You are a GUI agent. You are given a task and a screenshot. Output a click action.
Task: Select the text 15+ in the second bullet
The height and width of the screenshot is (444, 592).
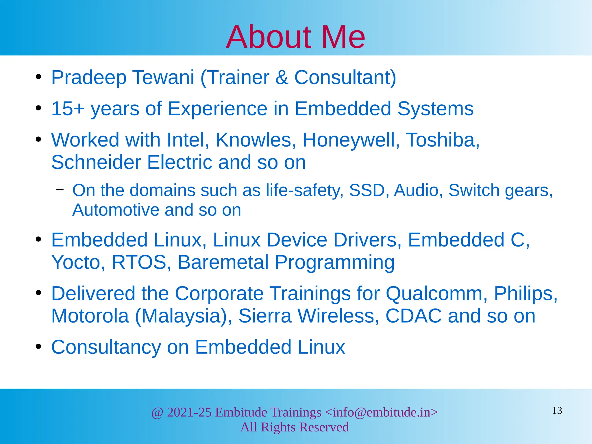(x=68, y=109)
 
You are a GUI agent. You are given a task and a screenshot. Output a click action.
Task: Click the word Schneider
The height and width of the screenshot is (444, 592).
(x=96, y=162)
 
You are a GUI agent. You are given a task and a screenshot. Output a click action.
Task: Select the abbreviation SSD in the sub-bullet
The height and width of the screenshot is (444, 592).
(x=367, y=190)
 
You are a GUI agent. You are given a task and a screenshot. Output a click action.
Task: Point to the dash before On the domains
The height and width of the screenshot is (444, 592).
(x=60, y=190)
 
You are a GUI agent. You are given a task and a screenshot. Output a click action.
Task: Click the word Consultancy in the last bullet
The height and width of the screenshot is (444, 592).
(x=106, y=347)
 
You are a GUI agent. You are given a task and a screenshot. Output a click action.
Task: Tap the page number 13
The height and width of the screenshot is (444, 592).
(x=557, y=410)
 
